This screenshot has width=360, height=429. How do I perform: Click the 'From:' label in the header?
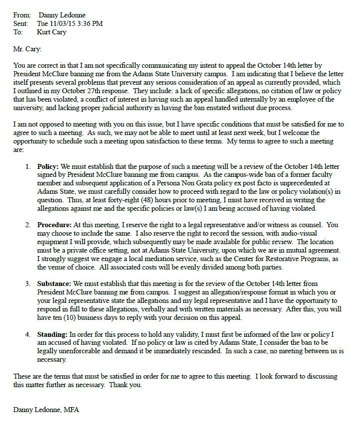[21, 15]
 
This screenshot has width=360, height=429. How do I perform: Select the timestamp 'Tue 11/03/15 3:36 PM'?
[70, 23]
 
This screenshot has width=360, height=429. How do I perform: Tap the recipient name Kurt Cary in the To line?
[51, 32]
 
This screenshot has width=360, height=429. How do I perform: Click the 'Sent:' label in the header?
[21, 23]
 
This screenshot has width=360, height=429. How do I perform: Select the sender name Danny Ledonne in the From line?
[66, 15]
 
